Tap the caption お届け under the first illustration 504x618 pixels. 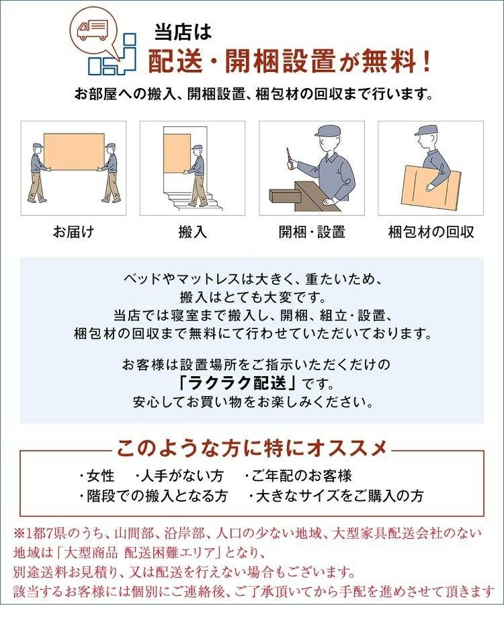click(73, 231)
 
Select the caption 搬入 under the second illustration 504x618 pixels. click(192, 231)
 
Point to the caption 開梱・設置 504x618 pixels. click(312, 231)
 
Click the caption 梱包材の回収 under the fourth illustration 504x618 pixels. click(431, 231)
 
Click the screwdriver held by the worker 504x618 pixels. click(290, 159)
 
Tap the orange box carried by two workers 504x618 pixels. click(74, 152)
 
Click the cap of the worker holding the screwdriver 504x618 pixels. click(329, 130)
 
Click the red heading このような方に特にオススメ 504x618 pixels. click(251, 449)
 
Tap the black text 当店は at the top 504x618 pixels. click(183, 32)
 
